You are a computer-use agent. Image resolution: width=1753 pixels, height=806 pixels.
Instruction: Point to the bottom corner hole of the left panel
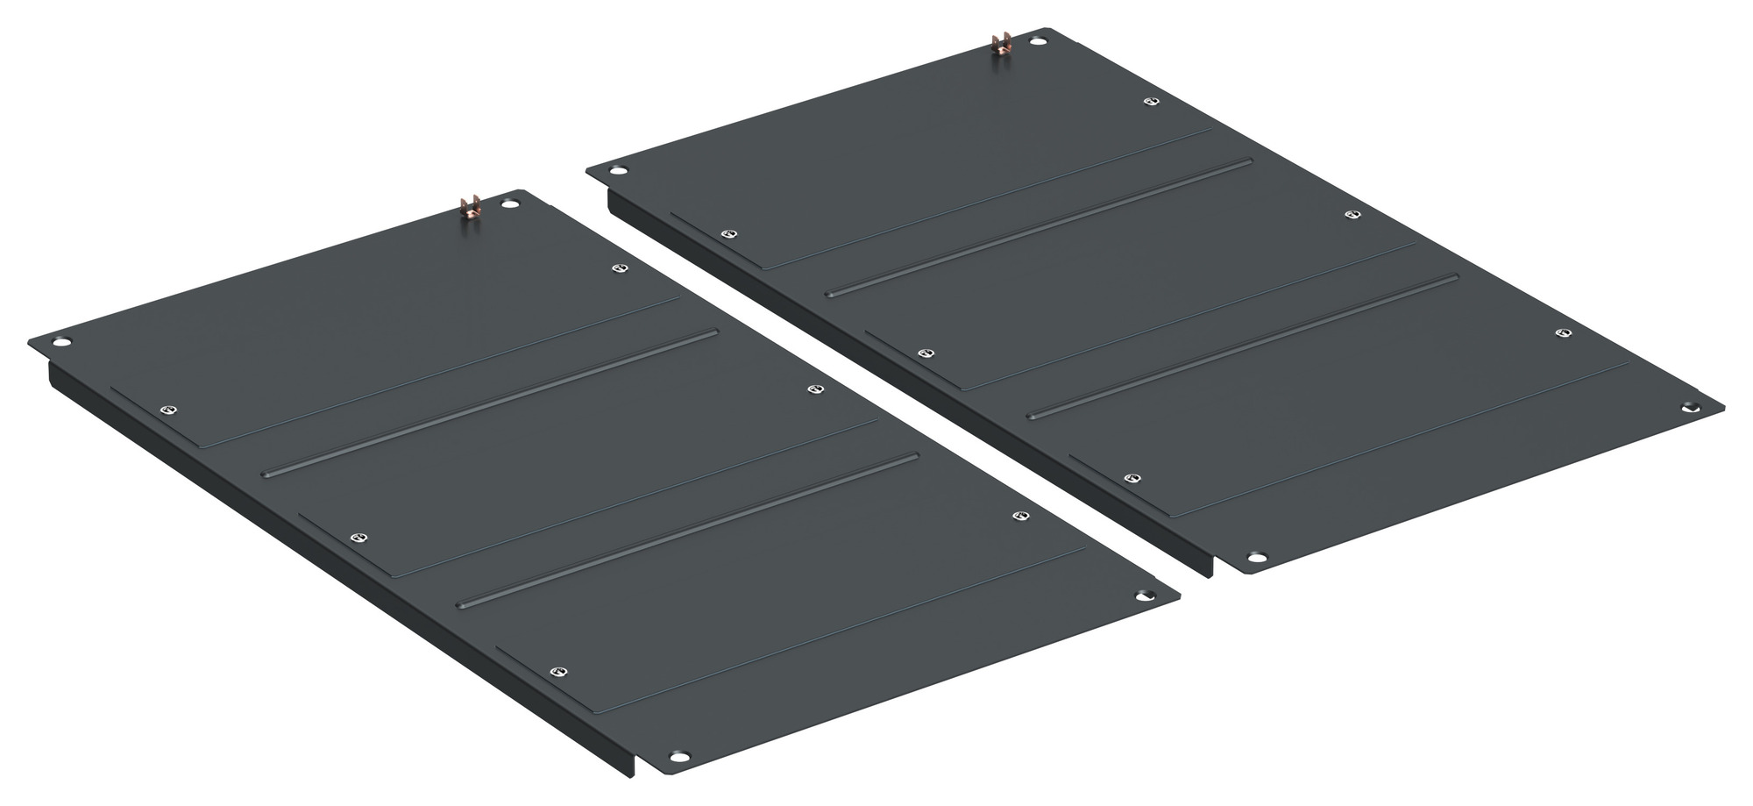[x=676, y=756]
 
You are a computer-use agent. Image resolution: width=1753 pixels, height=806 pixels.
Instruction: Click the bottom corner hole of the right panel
[x=1256, y=557]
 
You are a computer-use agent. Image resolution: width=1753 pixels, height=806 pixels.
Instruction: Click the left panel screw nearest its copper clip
[x=621, y=268]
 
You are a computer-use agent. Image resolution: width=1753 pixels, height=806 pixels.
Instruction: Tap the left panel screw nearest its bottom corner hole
[x=555, y=672]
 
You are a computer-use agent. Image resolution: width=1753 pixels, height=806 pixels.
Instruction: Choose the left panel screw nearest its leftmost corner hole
[x=169, y=410]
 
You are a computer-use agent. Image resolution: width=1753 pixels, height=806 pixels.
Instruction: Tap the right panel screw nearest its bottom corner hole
[x=1131, y=478]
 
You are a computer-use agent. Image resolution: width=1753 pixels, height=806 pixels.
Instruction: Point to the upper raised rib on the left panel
[x=490, y=403]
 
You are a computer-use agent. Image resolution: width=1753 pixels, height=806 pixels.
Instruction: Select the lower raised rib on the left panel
[x=688, y=529]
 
